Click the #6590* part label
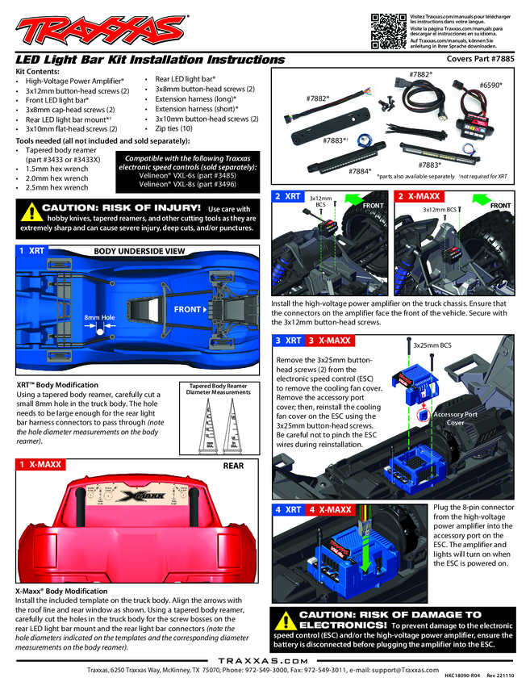coord(490,84)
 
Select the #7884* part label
coord(361,171)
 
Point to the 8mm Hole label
coord(100,317)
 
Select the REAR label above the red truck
coord(233,466)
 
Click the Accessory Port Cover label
coord(456,418)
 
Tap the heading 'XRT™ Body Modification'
coord(57,385)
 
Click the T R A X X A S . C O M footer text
coord(264,659)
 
